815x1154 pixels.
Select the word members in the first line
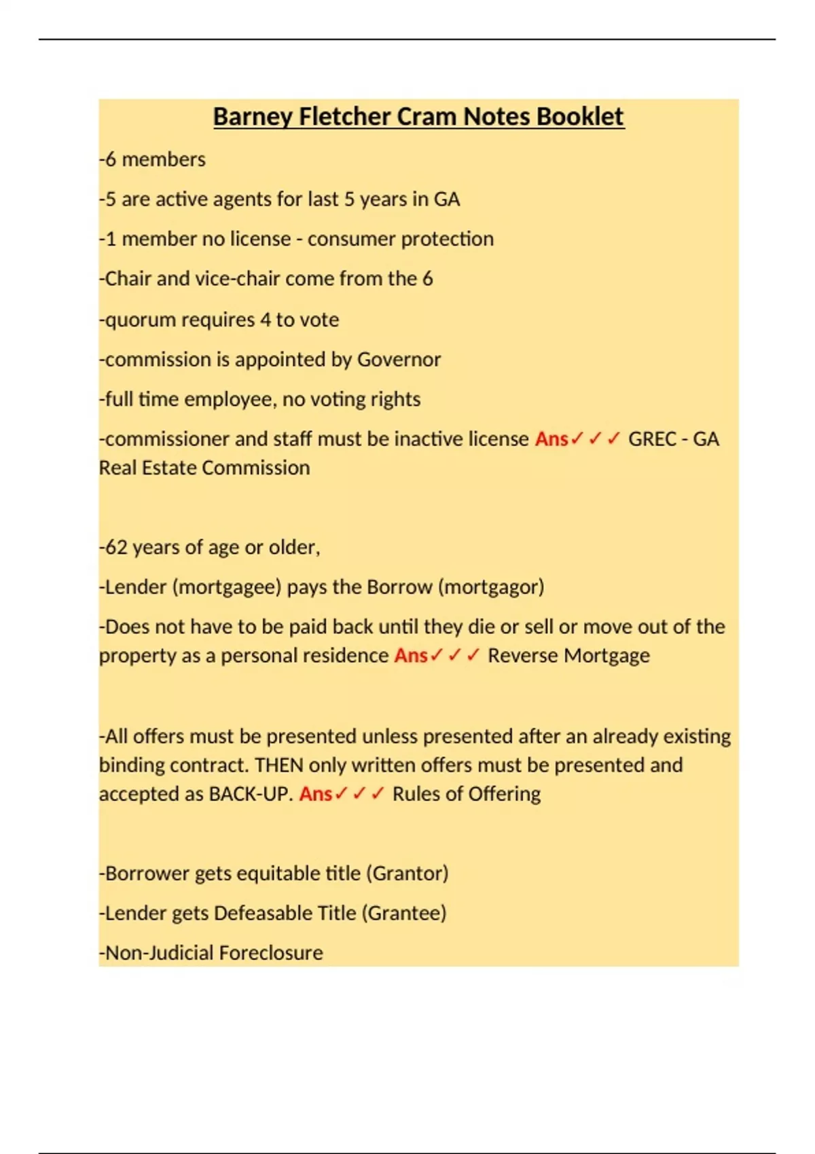pos(163,160)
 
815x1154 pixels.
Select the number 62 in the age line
pos(116,547)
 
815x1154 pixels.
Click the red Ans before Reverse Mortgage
pos(411,656)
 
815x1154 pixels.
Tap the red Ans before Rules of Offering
pos(316,794)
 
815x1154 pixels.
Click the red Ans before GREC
pos(551,439)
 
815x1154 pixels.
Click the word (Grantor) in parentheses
pos(407,874)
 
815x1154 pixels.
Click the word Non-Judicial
pos(160,953)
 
